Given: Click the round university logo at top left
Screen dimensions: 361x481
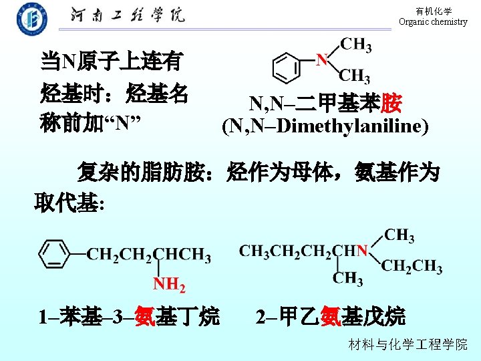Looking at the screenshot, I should [x=32, y=18].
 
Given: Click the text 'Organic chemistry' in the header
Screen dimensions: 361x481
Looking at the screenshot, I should [x=433, y=22].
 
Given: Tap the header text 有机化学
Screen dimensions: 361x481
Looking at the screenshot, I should [x=434, y=11].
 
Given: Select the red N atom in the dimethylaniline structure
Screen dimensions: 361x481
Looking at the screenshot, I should [x=322, y=59].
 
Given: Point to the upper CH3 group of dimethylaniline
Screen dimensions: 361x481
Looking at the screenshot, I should [x=355, y=45].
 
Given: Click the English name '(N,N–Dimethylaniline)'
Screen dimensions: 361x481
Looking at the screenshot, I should [x=325, y=126].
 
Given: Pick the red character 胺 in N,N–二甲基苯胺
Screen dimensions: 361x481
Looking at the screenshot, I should [x=390, y=104].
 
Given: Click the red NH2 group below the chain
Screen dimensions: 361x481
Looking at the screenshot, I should [x=170, y=285].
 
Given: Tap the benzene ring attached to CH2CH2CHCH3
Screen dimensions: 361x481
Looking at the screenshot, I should [x=54, y=254].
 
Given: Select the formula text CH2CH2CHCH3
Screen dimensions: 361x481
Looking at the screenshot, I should [x=149, y=255].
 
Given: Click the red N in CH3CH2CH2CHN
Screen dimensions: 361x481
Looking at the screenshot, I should [x=362, y=251].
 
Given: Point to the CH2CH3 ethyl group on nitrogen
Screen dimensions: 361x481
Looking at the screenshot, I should [x=412, y=267].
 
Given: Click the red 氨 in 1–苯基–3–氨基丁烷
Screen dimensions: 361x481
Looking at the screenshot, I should [x=145, y=315].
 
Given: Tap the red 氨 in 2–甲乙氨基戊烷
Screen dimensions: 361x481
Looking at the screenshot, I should [x=330, y=315].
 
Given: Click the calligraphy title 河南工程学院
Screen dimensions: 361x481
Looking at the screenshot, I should [x=128, y=16].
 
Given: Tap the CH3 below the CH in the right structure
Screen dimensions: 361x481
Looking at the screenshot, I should [x=347, y=278].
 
